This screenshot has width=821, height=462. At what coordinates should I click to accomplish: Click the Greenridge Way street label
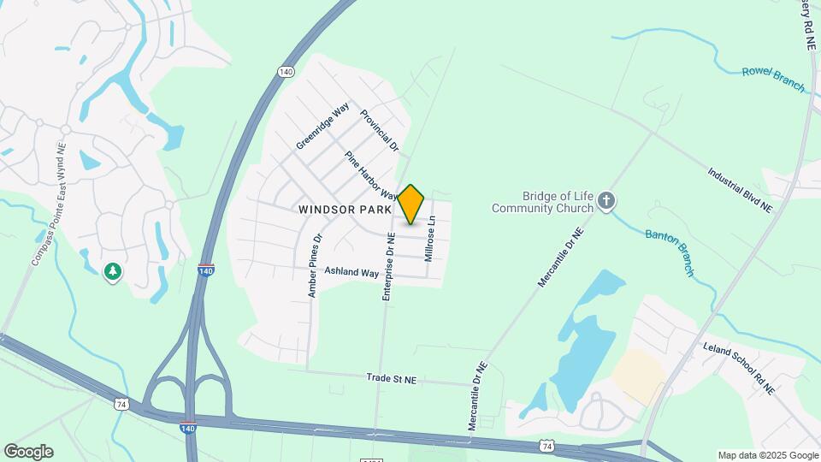(322, 126)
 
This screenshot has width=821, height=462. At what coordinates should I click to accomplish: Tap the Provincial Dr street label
(380, 130)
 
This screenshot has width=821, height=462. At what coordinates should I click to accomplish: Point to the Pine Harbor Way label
(372, 175)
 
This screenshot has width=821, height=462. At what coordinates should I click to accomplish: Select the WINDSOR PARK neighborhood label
(345, 209)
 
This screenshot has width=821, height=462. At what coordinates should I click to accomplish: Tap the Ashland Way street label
(351, 272)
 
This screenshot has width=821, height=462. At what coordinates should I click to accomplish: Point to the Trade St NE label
(391, 376)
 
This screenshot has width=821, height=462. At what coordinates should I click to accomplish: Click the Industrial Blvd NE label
(740, 189)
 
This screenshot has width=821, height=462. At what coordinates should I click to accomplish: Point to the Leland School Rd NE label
(738, 369)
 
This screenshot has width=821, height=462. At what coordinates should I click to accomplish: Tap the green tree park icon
(112, 272)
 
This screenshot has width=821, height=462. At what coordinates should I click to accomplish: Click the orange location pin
(411, 204)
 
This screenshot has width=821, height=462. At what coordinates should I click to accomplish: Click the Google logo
(27, 452)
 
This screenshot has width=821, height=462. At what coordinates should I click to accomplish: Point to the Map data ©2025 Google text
(767, 455)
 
